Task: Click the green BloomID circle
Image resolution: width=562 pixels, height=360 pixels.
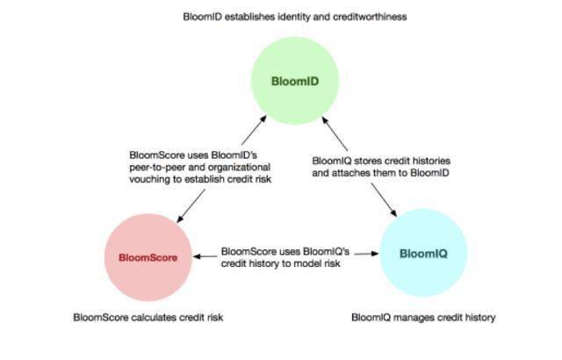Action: click(295, 81)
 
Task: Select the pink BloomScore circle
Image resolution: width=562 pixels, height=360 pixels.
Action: click(148, 257)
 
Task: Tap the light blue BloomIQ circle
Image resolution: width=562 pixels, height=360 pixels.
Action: click(423, 253)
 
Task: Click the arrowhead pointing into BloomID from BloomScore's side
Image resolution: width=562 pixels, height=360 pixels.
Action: click(263, 119)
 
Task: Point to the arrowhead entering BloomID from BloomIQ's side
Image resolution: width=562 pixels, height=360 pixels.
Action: click(325, 120)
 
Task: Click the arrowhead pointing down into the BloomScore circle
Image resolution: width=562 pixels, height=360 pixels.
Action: click(180, 219)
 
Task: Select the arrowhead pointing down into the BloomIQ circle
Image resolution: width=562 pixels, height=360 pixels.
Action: click(393, 212)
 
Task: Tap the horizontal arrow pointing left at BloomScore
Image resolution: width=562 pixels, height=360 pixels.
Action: click(205, 256)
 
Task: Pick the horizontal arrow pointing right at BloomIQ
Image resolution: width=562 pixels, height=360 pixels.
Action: click(367, 254)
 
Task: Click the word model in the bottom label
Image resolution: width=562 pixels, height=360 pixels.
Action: click(308, 263)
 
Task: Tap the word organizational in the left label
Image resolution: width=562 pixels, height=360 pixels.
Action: click(239, 168)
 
